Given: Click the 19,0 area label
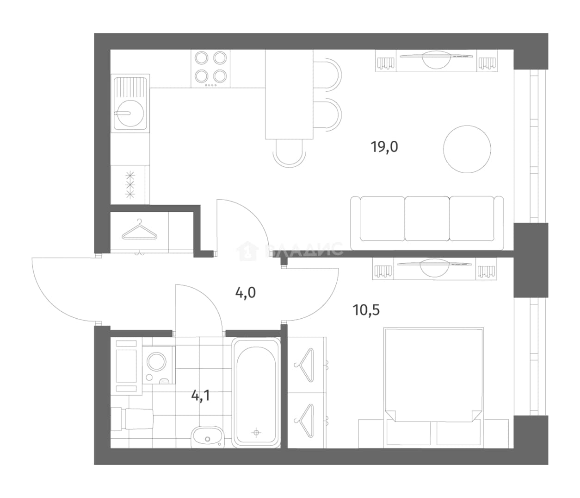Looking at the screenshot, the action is click(x=384, y=147).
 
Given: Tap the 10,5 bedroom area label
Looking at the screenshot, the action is click(x=366, y=310).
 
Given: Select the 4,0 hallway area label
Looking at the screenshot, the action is click(x=246, y=293).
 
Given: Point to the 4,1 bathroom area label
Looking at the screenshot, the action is click(x=201, y=396).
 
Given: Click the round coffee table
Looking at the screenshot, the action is click(x=467, y=149).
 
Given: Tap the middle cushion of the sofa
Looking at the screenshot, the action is click(x=427, y=219).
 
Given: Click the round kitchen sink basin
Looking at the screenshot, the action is click(x=130, y=113).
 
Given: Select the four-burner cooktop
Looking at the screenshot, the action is click(x=211, y=69).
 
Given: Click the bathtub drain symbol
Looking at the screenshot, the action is click(x=256, y=432).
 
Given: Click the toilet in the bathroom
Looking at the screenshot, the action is click(x=132, y=419).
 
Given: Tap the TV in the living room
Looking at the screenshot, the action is click(x=436, y=59).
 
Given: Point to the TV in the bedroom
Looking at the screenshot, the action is click(x=434, y=268).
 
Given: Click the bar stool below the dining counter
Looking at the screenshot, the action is click(x=289, y=154).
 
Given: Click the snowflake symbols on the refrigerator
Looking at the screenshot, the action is click(x=130, y=185).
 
